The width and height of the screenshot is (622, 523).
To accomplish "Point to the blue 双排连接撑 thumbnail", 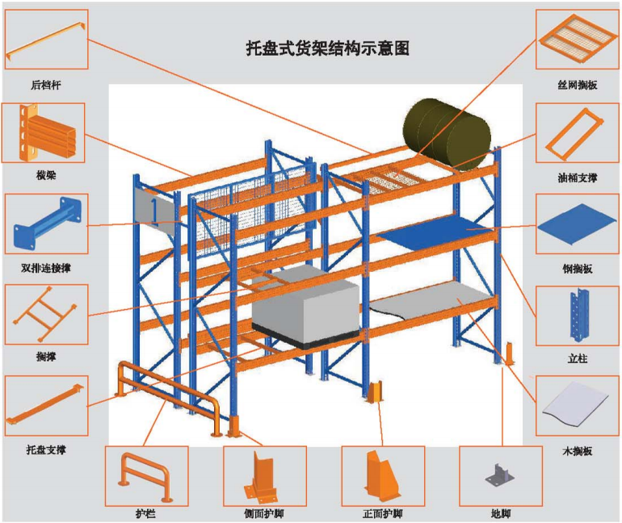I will [45, 224].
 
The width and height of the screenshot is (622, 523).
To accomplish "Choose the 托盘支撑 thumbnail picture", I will [45, 406].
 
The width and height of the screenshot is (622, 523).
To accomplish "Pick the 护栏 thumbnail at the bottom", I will [146, 474].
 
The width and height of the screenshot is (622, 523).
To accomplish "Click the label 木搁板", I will [578, 451].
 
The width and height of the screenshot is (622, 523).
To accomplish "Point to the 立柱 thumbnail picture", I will [578, 315].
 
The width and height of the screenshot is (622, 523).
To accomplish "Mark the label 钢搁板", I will [578, 268].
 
